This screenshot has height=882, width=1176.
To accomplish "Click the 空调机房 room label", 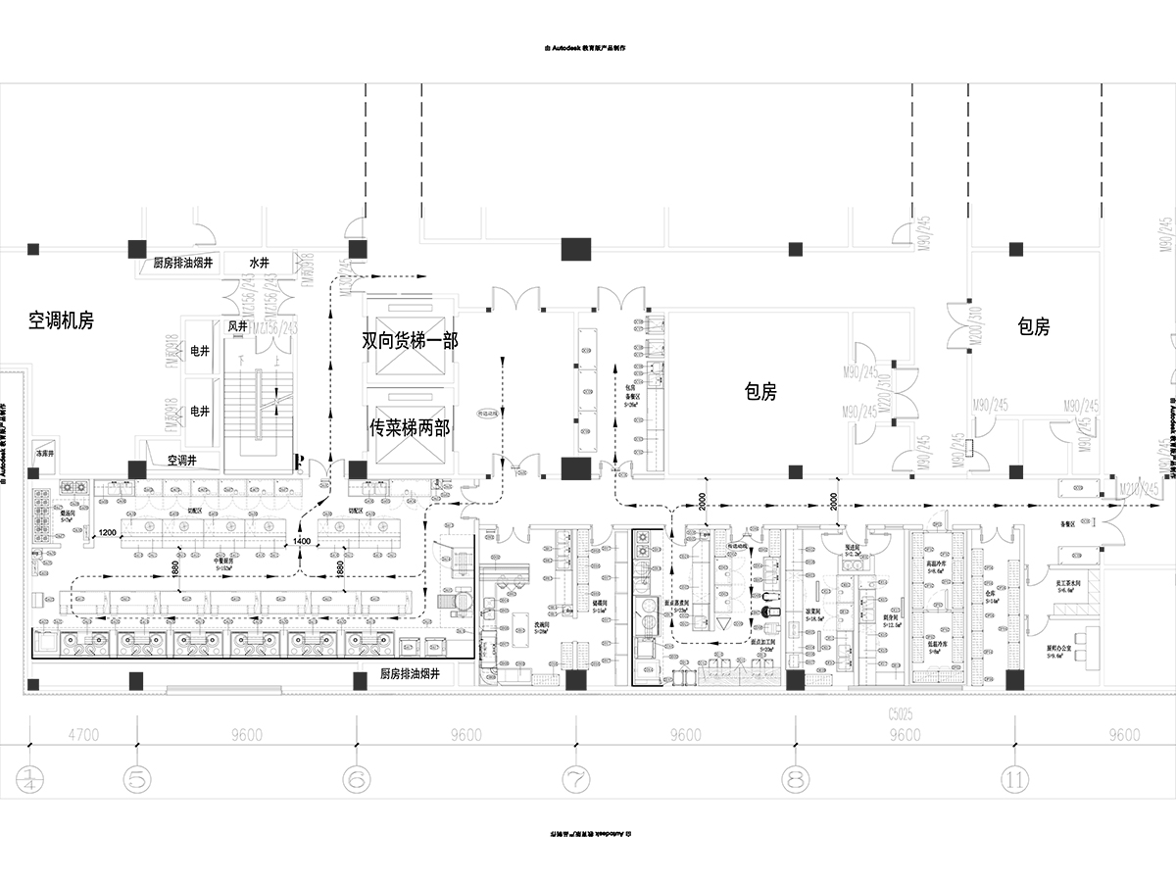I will point(61,320).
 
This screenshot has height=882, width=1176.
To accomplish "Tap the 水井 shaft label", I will point(259,263).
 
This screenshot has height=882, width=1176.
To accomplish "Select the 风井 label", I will point(238,325).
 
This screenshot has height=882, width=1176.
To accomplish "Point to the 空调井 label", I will point(183,459).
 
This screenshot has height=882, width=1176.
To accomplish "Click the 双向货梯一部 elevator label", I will point(410,340).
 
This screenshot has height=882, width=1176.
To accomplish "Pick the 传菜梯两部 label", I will point(410,427).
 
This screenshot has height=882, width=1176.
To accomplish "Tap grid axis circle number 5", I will point(137,780).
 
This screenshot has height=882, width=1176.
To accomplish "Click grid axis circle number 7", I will point(576,780).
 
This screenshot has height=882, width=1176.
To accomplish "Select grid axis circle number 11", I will point(1015,780).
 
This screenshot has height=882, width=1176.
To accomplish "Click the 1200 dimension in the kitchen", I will point(108,533).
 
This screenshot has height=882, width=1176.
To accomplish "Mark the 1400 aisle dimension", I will point(302,541).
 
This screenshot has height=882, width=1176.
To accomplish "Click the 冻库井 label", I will point(44,455).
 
